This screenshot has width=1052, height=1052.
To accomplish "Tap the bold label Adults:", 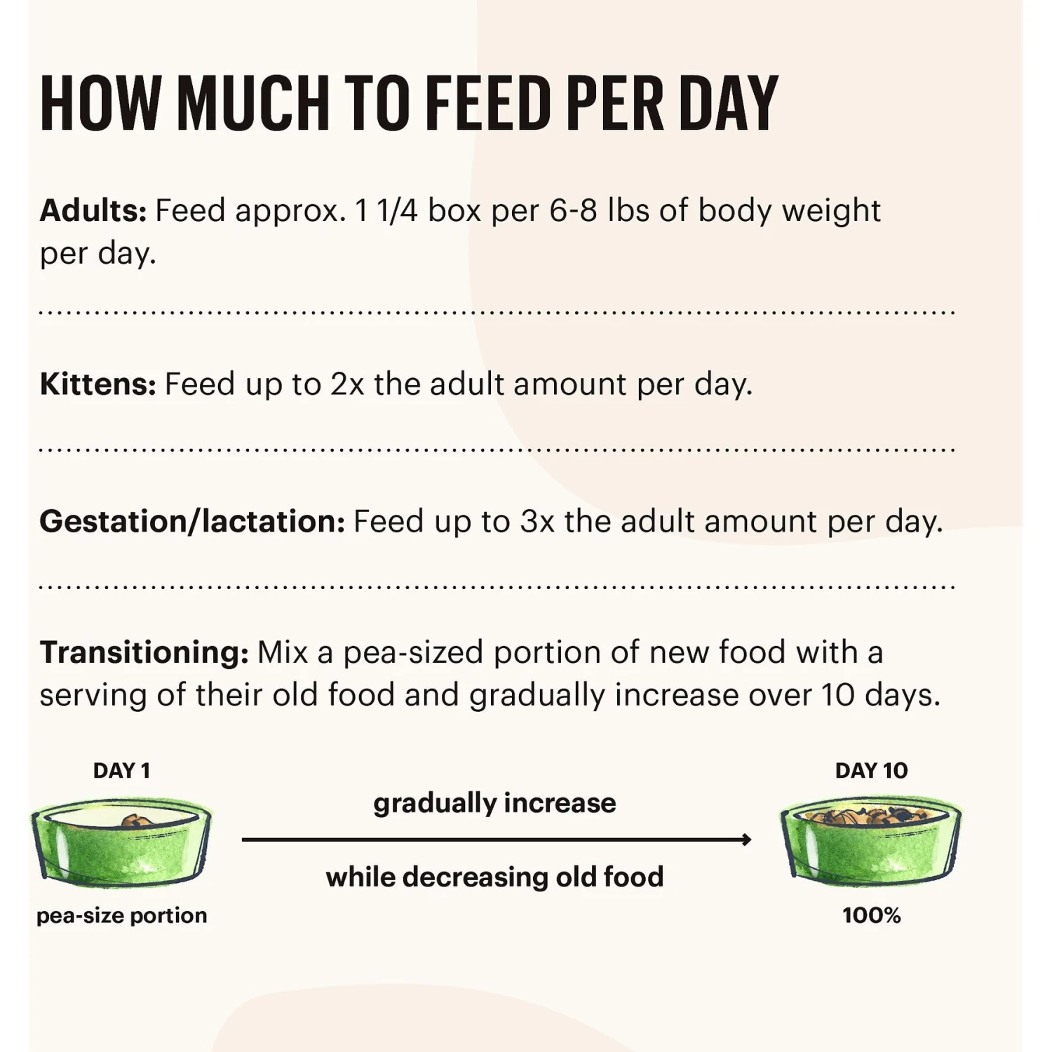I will point(93,210).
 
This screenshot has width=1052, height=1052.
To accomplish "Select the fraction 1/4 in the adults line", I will point(397,210).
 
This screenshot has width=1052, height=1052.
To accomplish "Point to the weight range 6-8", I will point(573,210).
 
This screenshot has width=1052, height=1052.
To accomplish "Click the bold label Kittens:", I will point(97,384).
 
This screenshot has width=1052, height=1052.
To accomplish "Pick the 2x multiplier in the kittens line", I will point(347,384).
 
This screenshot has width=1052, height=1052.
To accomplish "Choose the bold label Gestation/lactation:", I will point(191,522).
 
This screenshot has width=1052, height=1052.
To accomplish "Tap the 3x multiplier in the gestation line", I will point(537,522).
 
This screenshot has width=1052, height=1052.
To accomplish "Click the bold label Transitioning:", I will point(144,652).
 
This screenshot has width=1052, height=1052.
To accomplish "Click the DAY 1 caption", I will point(121,771).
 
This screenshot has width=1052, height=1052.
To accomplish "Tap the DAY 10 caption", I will point(871,771).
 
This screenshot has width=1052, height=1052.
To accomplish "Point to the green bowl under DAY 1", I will point(122,842).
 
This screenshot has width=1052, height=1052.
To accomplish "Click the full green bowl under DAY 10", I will point(870,839).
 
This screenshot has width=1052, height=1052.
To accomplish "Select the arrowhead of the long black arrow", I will point(746,839).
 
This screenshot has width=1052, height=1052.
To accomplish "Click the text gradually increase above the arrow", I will point(494,803).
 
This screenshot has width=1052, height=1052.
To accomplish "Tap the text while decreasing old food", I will point(494,877).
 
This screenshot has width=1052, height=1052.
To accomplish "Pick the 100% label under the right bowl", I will point(871,915).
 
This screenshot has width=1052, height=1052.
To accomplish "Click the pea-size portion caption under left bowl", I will point(121,915).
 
